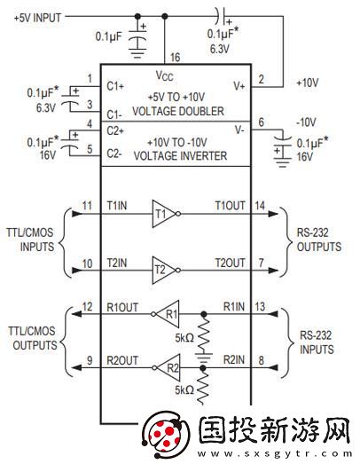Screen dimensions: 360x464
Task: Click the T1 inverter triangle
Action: [163, 214]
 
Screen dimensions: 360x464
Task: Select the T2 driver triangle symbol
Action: [163, 270]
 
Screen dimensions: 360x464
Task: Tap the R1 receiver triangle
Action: [168, 314]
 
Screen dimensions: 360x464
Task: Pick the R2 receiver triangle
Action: [168, 368]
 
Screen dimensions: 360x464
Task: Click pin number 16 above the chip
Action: [175, 57]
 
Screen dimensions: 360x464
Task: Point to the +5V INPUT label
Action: [37, 18]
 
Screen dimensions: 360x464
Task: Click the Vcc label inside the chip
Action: [164, 75]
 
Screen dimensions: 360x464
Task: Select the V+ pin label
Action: [239, 86]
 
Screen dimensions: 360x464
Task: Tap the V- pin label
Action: [239, 130]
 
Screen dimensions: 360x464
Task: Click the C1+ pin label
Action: [115, 86]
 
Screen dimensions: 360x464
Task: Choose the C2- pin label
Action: [114, 153]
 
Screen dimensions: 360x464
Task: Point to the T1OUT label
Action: [231, 206]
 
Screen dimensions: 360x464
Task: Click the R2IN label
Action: [234, 360]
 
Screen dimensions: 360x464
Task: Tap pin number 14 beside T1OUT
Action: [260, 206]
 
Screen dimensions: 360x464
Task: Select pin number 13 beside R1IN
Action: [260, 307]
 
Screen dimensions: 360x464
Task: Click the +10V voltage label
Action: [308, 83]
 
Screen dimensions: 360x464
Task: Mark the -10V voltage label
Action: [306, 122]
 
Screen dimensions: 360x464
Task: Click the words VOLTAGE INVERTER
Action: [180, 156]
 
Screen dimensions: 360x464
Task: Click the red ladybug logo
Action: [165, 436]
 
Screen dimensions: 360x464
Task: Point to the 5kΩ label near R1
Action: [184, 338]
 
